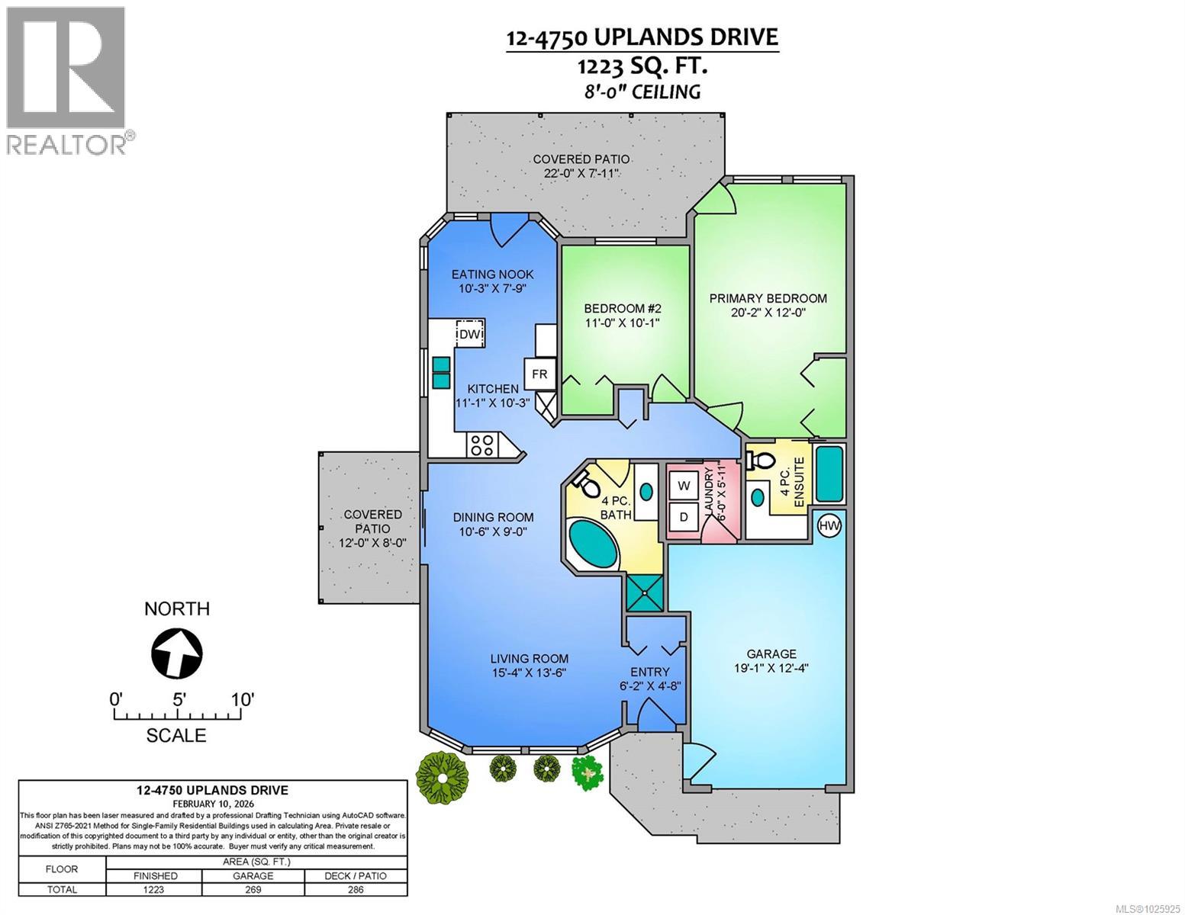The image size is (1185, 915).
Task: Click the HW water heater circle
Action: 828,525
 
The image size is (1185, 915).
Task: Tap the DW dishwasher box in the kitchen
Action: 470,334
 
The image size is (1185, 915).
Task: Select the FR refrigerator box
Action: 539,374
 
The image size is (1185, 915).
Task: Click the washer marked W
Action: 684,486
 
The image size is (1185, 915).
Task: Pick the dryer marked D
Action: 684,517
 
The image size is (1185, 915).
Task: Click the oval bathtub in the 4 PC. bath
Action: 596,540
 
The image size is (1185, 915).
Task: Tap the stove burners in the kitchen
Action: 481,445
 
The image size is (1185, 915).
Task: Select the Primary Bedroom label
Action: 768,298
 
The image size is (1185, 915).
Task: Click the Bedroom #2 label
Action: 622,308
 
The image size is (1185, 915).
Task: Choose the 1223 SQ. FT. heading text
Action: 642,66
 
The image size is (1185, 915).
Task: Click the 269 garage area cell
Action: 253,889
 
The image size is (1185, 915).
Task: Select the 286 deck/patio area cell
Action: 356,889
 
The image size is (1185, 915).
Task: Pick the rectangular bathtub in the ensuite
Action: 829,474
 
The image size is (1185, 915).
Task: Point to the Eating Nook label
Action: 492,274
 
